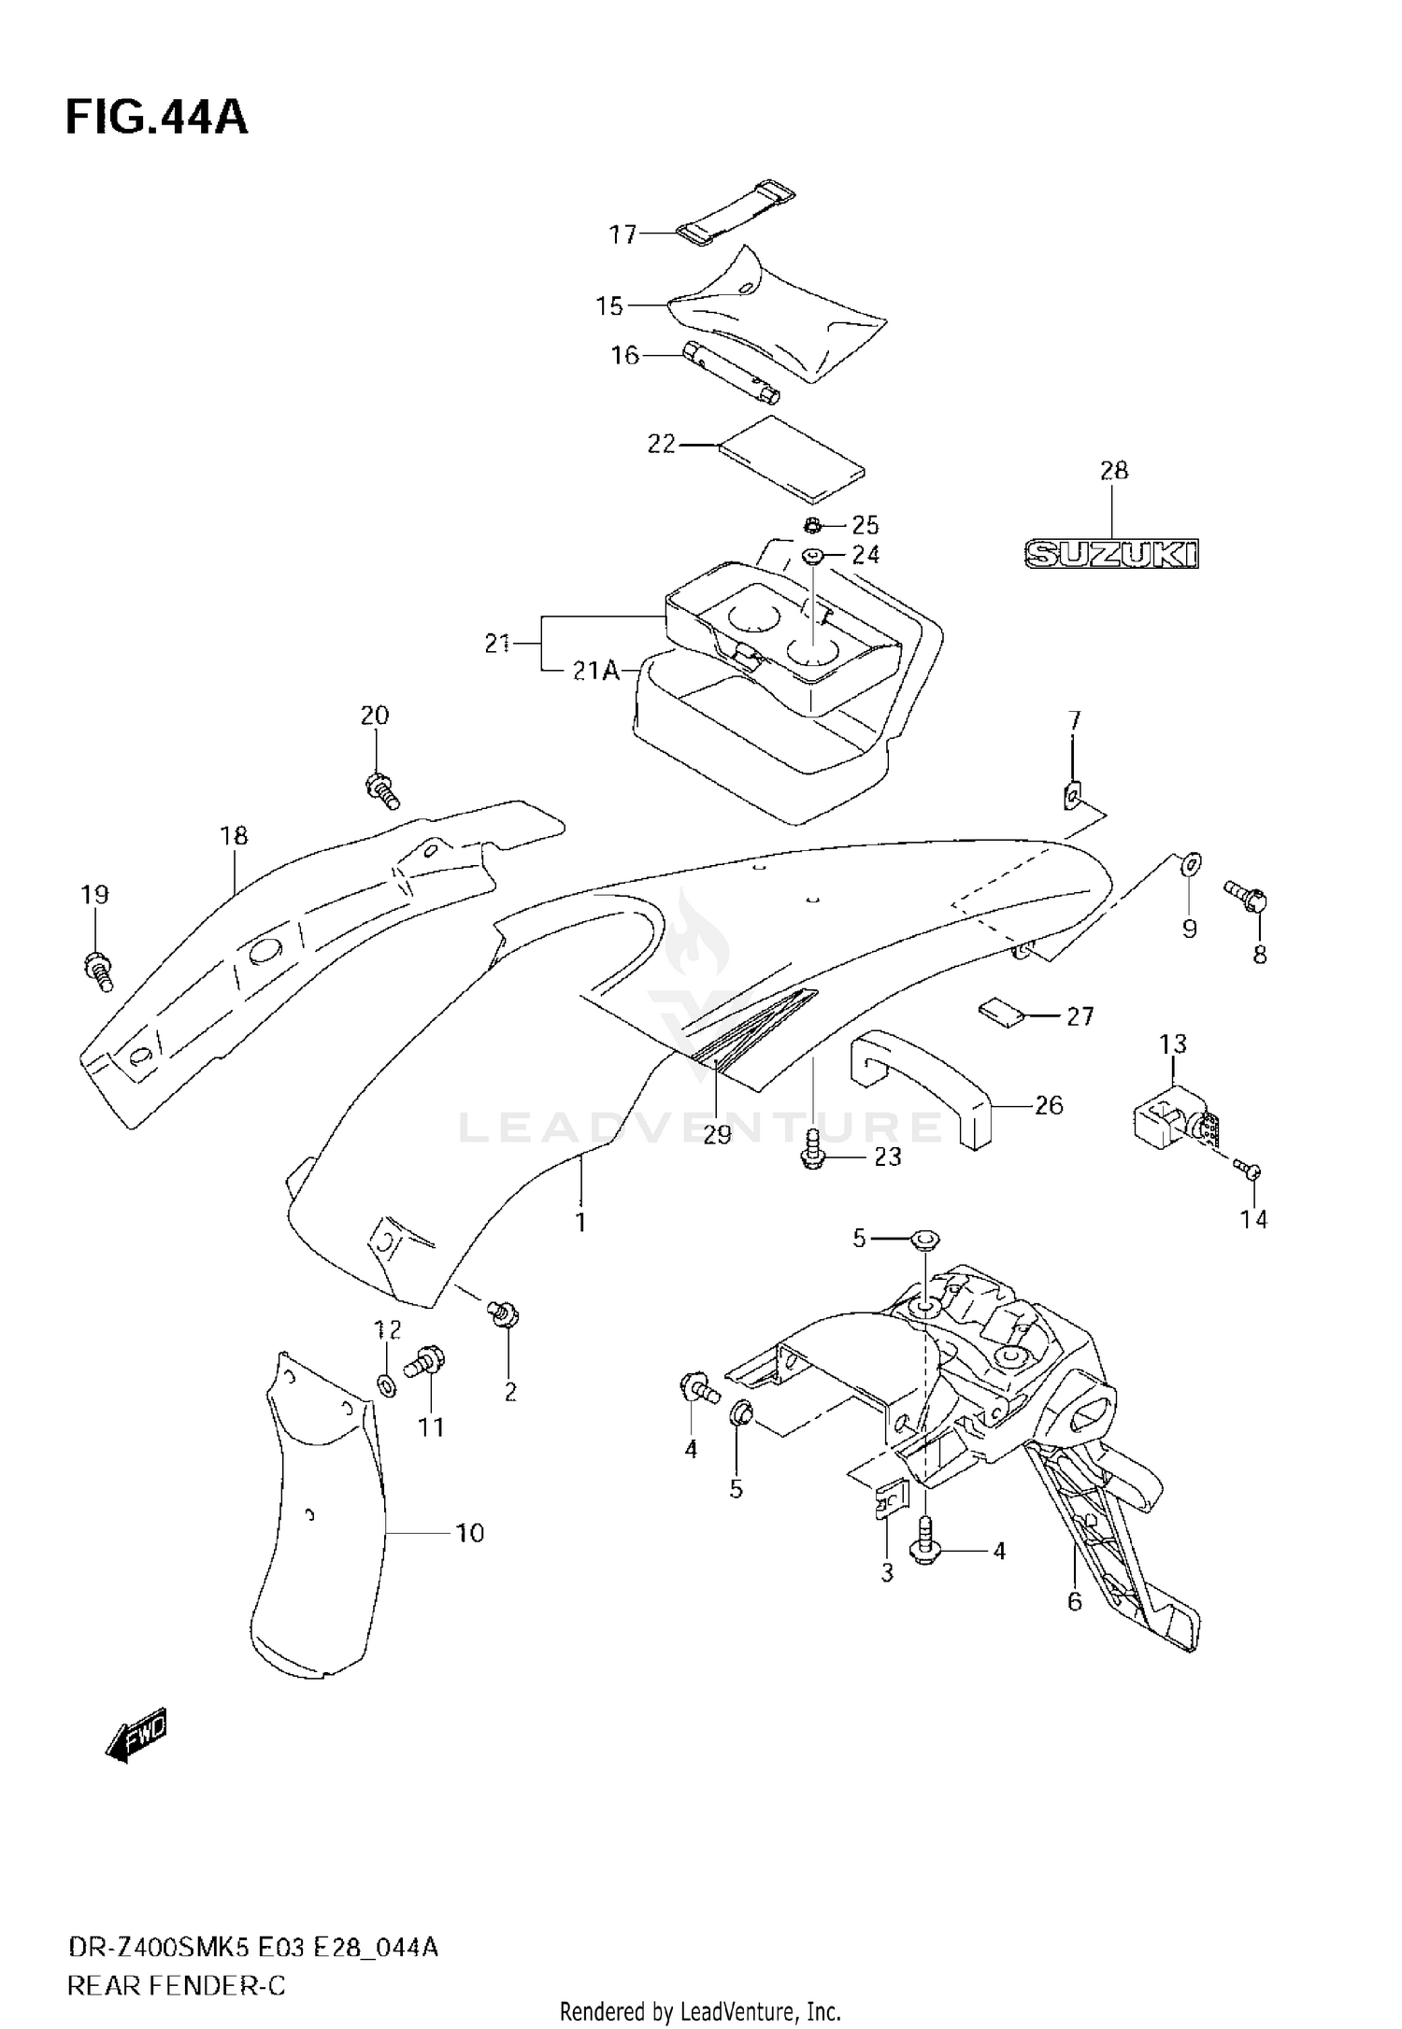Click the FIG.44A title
click(156, 118)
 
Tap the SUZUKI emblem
click(1111, 555)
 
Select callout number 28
click(1114, 470)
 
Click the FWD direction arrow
click(136, 1736)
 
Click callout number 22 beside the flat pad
click(661, 444)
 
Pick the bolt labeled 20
click(381, 787)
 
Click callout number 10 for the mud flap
click(470, 1533)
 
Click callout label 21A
click(596, 671)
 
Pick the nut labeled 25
click(812, 524)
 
